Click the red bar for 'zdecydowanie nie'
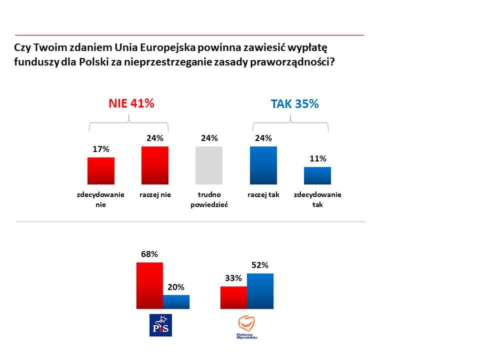click(x=101, y=171)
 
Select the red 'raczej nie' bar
click(x=155, y=165)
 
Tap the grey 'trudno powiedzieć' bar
click(x=209, y=165)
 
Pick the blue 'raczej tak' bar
click(x=263, y=165)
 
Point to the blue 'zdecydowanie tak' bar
click(x=317, y=176)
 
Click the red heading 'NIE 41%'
click(x=131, y=103)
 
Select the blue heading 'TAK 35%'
click(x=294, y=104)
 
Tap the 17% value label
click(x=101, y=149)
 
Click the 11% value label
click(x=317, y=158)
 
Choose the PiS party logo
click(x=161, y=325)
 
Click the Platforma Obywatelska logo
click(x=247, y=327)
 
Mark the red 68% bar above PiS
click(x=149, y=285)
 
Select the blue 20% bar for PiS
click(x=176, y=302)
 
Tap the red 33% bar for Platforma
click(x=233, y=297)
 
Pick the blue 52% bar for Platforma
click(x=260, y=291)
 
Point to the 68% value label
click(x=149, y=254)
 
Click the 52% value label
click(x=260, y=265)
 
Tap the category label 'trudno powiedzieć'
click(x=209, y=199)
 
